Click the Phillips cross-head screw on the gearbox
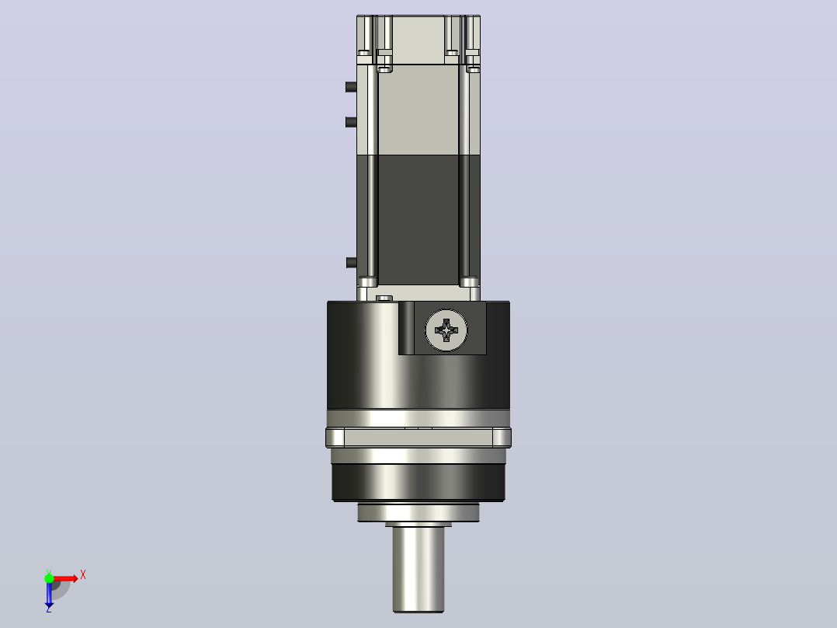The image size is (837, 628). point(446,330)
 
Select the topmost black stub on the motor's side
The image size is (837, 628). point(351,86)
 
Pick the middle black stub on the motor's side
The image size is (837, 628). point(351,122)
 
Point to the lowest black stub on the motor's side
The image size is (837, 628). point(351,263)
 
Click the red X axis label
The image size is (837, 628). point(83,575)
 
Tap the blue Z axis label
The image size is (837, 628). point(49,609)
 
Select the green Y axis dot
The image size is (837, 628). point(49,578)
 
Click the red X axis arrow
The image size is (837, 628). point(64,578)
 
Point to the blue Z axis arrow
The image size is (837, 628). point(49,593)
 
